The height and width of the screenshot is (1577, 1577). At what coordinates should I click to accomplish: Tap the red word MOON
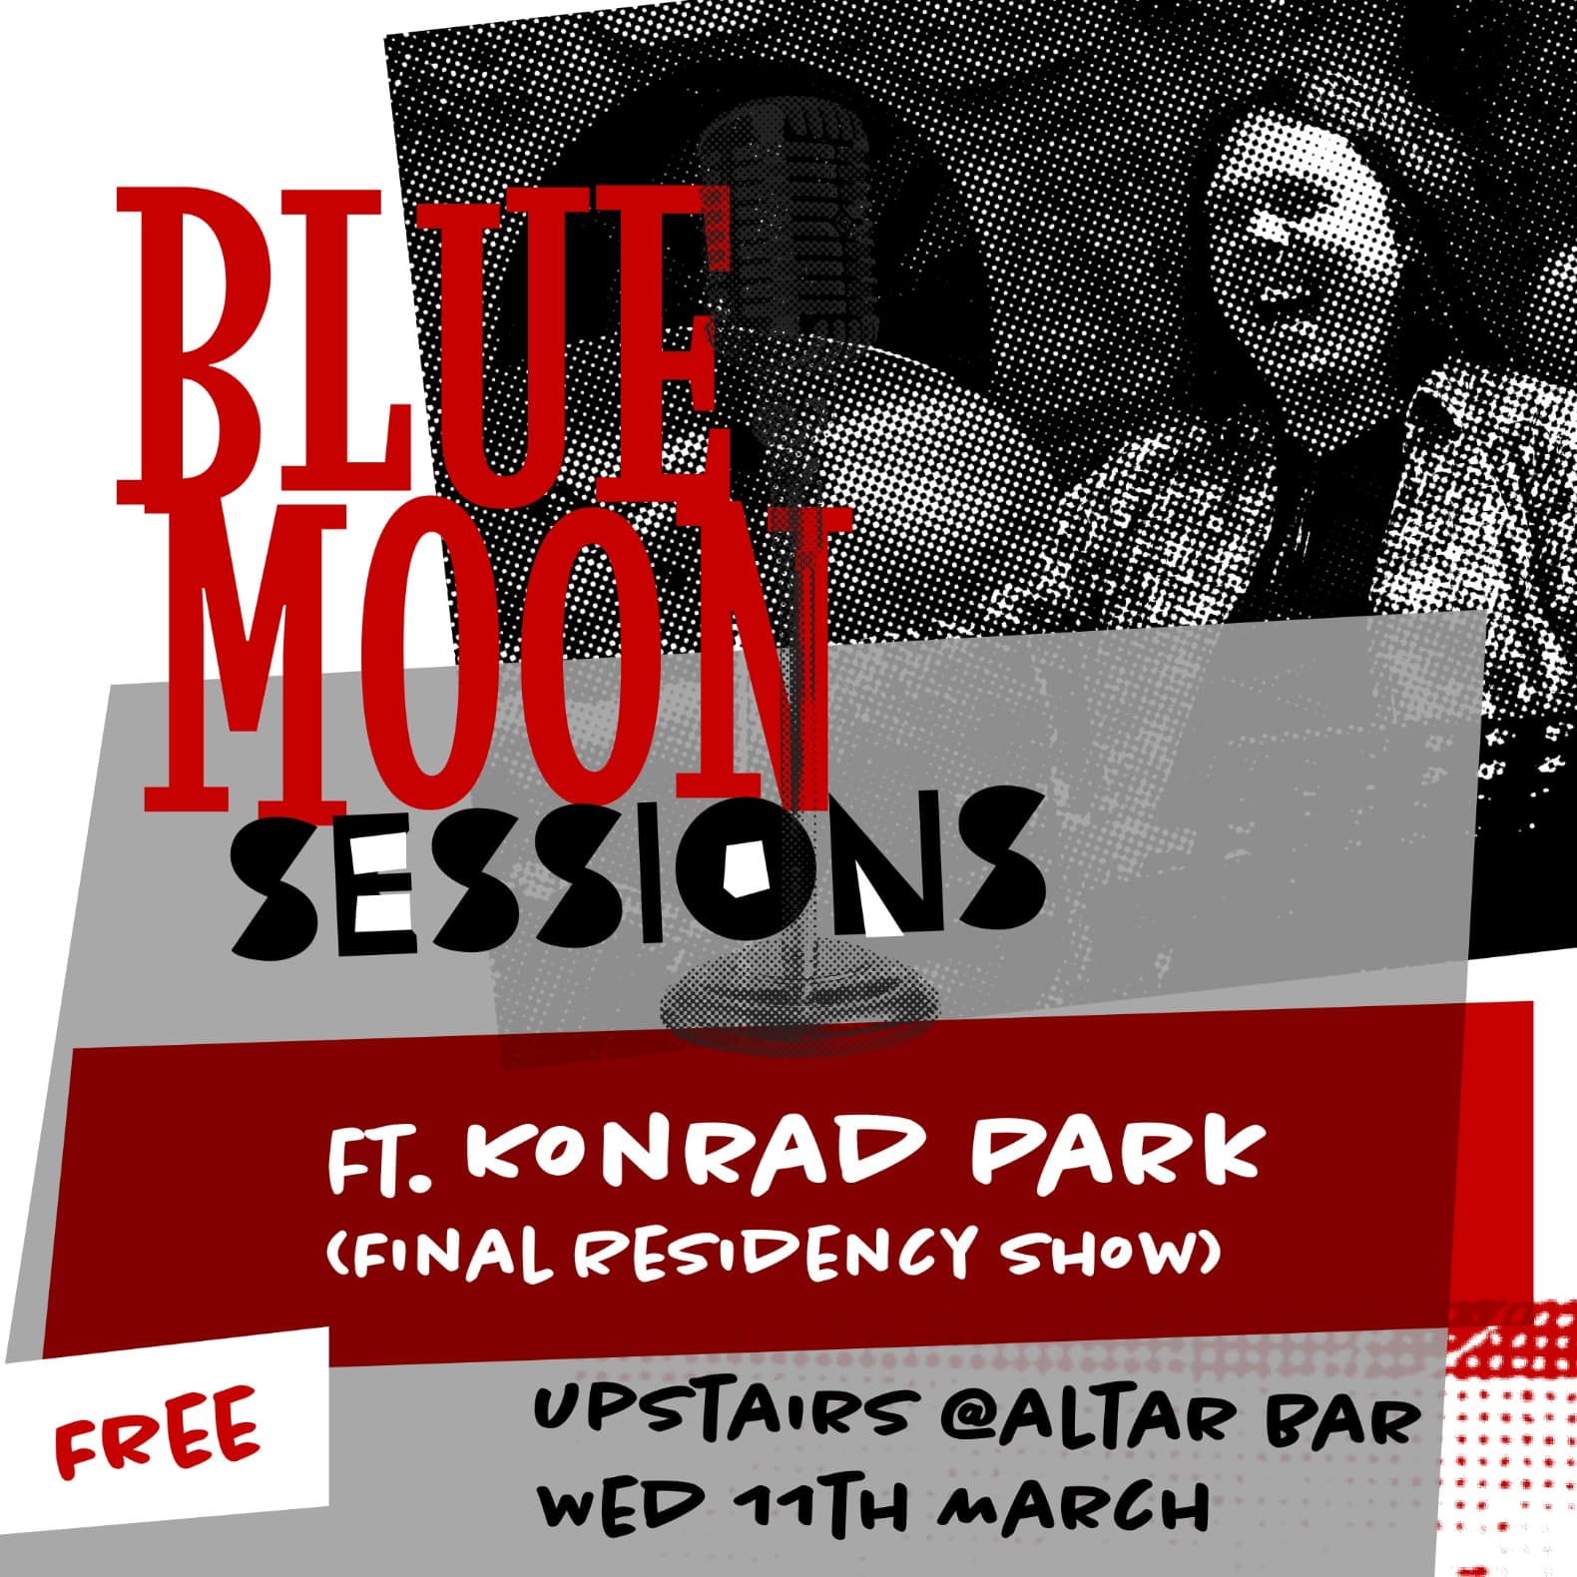[x=489, y=659]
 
